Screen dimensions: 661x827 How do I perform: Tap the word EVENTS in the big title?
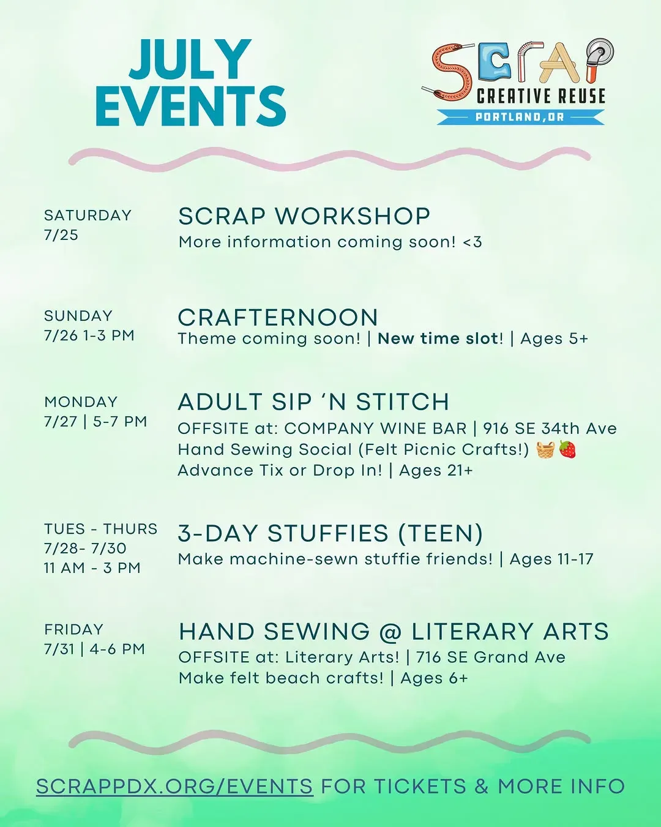(190, 106)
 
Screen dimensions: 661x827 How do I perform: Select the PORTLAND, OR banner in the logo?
(520, 117)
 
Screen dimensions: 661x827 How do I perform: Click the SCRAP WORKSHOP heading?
(304, 216)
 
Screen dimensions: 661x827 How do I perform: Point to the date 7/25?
(61, 235)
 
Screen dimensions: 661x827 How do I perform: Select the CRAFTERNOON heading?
(278, 318)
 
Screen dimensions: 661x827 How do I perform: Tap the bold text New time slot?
(438, 339)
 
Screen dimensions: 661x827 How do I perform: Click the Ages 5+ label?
(554, 339)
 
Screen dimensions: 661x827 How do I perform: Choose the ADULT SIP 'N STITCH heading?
(313, 402)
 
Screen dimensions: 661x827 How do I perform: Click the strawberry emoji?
(567, 449)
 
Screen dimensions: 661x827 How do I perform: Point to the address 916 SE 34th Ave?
(550, 428)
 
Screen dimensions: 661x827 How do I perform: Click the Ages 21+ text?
(436, 470)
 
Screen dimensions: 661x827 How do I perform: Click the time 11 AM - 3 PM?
(92, 568)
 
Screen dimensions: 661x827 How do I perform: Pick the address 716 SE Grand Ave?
(491, 657)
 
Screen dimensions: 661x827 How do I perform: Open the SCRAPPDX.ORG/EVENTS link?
(175, 786)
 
